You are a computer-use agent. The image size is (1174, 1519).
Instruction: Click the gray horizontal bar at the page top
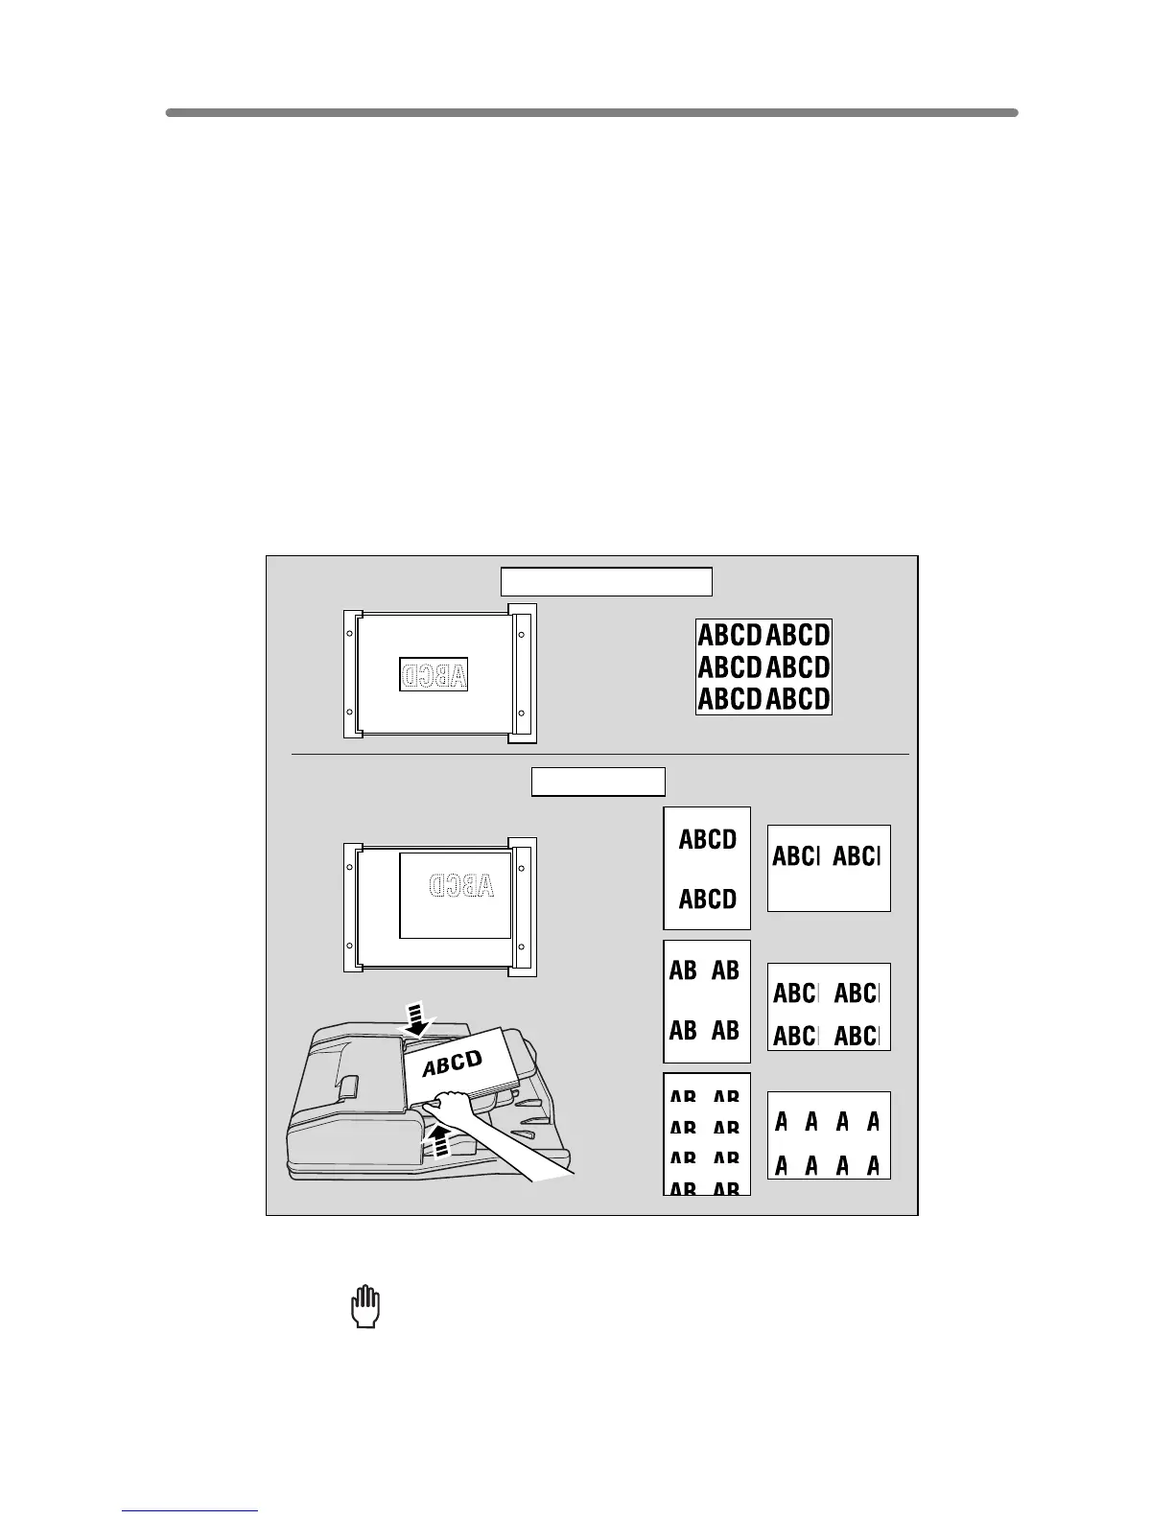click(591, 112)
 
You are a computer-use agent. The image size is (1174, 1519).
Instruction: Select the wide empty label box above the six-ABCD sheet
click(606, 581)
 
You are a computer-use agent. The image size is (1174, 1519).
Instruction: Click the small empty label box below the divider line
click(599, 782)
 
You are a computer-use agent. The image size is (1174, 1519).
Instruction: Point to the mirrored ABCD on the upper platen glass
click(434, 675)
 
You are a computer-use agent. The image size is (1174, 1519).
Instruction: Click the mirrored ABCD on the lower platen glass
click(462, 884)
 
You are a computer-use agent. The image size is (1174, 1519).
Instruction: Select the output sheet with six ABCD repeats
click(763, 666)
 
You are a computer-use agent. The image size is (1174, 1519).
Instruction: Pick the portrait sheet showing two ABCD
click(707, 869)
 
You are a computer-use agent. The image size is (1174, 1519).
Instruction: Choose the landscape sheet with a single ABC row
click(829, 868)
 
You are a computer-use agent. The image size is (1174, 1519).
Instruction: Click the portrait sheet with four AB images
click(706, 1000)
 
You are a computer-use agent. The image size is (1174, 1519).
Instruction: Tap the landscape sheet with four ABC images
click(829, 1007)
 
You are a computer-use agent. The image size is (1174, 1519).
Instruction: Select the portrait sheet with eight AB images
click(706, 1133)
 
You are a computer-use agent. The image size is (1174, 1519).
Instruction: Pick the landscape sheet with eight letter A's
click(829, 1135)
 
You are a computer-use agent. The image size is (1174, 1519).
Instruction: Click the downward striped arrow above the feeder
click(416, 1018)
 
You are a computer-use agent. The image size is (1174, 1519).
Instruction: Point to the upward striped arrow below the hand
click(438, 1141)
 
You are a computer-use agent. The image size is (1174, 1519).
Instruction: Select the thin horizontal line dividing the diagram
click(600, 755)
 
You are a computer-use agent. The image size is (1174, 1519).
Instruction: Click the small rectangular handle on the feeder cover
click(348, 1086)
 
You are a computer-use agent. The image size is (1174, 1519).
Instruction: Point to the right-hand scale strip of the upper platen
click(523, 673)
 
